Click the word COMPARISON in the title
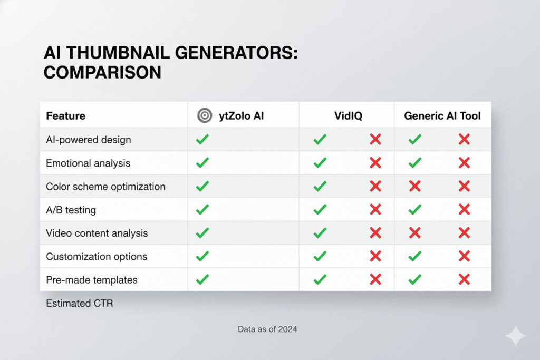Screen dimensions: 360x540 102,72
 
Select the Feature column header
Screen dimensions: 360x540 65,116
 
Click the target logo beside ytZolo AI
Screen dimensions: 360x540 204,116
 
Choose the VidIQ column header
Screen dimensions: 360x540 346,116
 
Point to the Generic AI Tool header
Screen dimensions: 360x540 442,116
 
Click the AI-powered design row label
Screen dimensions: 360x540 88,140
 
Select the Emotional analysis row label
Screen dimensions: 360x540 88,163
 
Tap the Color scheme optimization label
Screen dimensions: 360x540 105,187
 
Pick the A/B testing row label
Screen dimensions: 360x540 71,210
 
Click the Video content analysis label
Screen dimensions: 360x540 97,233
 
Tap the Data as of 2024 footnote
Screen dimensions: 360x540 267,330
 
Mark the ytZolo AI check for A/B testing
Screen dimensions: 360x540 202,210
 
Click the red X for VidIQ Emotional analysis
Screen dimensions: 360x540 375,163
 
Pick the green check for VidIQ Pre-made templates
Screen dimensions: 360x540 320,280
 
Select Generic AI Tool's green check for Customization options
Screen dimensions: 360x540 415,257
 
